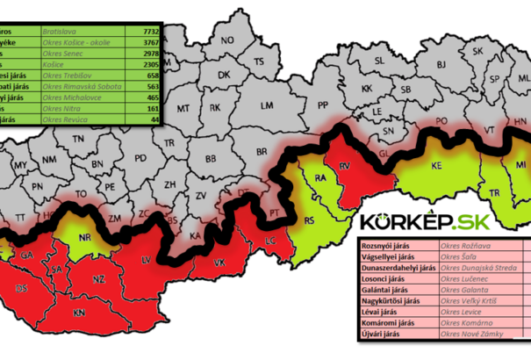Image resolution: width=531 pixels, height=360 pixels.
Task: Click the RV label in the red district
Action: tap(345, 165)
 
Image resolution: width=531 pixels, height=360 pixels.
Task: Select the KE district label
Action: tap(435, 165)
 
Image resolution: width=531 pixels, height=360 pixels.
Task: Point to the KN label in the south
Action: tap(78, 313)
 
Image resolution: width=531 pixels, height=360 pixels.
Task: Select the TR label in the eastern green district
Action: tap(496, 192)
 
